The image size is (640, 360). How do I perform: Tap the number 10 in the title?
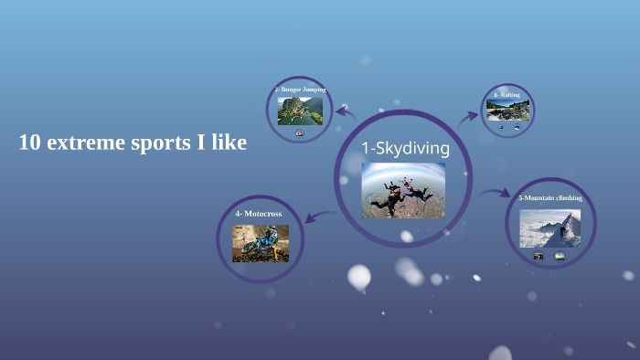coord(30,143)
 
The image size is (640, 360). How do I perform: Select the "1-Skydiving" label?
coord(405,148)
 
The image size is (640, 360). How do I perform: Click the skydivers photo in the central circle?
coord(403,190)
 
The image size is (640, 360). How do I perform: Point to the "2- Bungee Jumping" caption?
coord(300,90)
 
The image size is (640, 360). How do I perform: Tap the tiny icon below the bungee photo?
coord(300,133)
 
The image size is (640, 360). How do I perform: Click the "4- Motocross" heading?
coord(259,213)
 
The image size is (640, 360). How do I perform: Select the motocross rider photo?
coord(260,243)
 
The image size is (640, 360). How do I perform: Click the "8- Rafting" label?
coord(507,94)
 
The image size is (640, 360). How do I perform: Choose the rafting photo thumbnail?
coord(507,110)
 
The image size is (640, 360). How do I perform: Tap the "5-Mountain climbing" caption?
coord(549,197)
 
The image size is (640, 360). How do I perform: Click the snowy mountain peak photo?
coord(549,228)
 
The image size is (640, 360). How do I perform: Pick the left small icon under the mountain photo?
coord(539,256)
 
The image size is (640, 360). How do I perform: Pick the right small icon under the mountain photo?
coord(560,256)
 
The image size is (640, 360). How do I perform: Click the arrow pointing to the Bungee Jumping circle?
coord(345,111)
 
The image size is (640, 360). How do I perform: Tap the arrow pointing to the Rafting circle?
coord(469,116)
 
